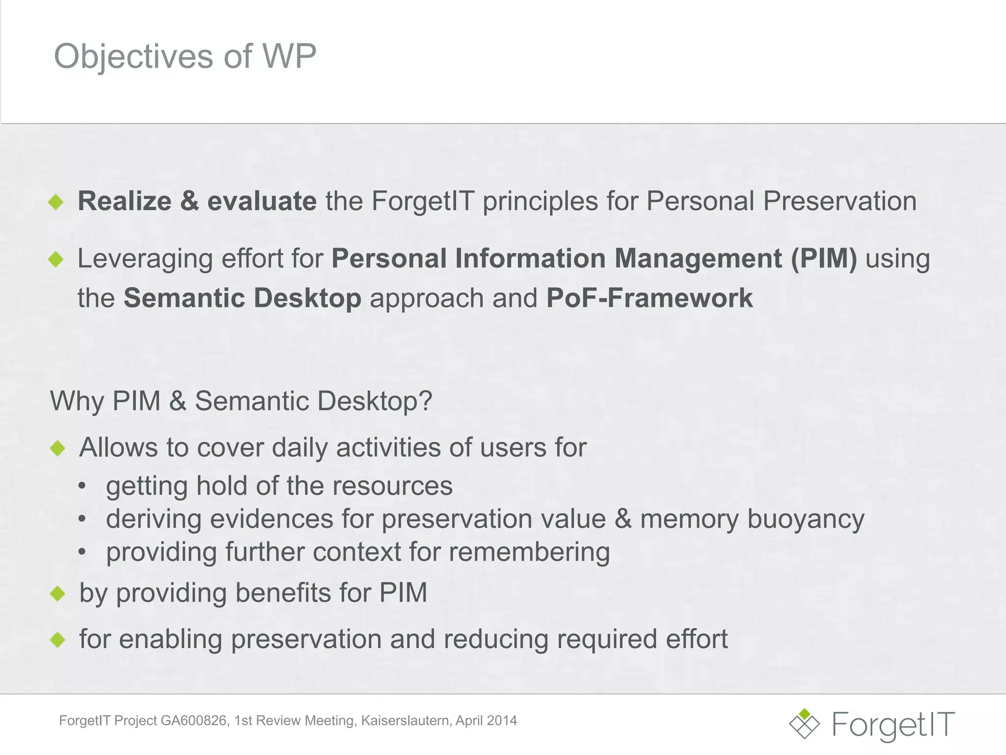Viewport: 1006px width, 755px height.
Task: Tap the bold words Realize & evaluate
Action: click(x=196, y=201)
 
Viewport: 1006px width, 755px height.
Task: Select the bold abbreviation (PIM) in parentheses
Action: click(x=823, y=259)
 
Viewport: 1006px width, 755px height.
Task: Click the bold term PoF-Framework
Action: click(x=649, y=298)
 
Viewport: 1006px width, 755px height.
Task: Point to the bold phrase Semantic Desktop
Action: click(x=242, y=298)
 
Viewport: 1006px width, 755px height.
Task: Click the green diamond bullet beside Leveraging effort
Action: click(x=56, y=259)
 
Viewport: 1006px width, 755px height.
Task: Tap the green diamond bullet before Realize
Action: click(x=56, y=202)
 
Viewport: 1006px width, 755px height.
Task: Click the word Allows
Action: click(x=118, y=447)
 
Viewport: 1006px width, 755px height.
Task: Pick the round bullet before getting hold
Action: click(x=82, y=486)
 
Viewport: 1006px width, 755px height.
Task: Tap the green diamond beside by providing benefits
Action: click(x=57, y=593)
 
